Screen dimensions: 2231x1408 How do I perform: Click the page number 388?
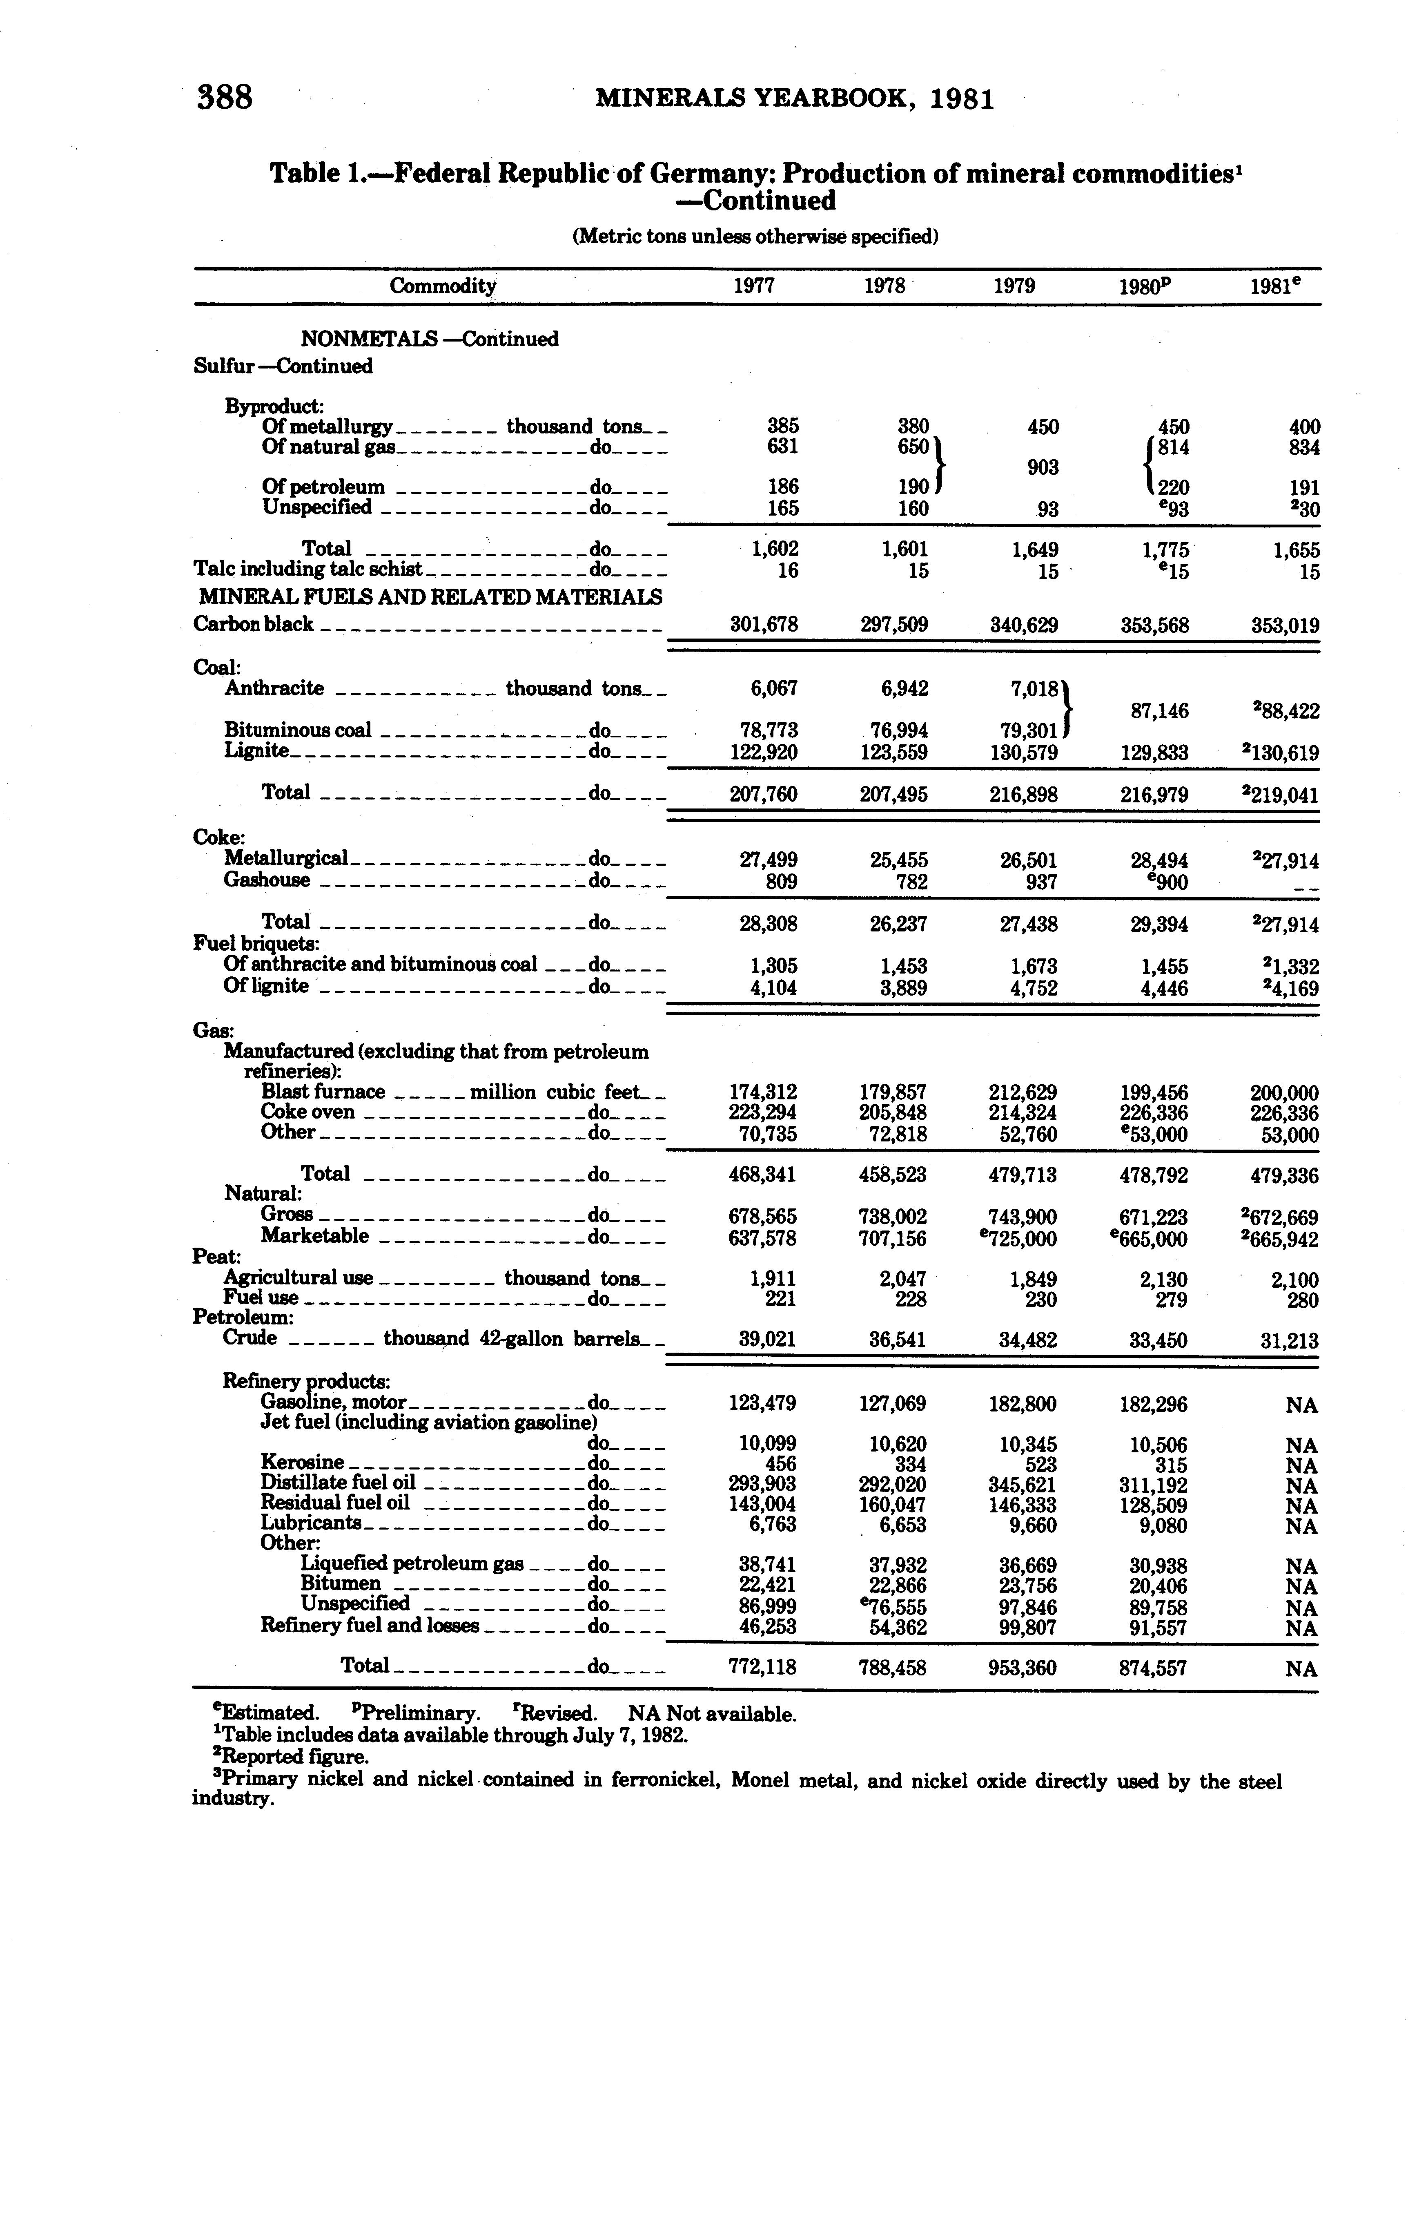tap(224, 96)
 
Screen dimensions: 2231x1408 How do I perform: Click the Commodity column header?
tap(443, 286)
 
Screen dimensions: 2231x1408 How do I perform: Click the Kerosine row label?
tap(303, 1463)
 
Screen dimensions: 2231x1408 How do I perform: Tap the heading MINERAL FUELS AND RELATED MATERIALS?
tap(428, 598)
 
